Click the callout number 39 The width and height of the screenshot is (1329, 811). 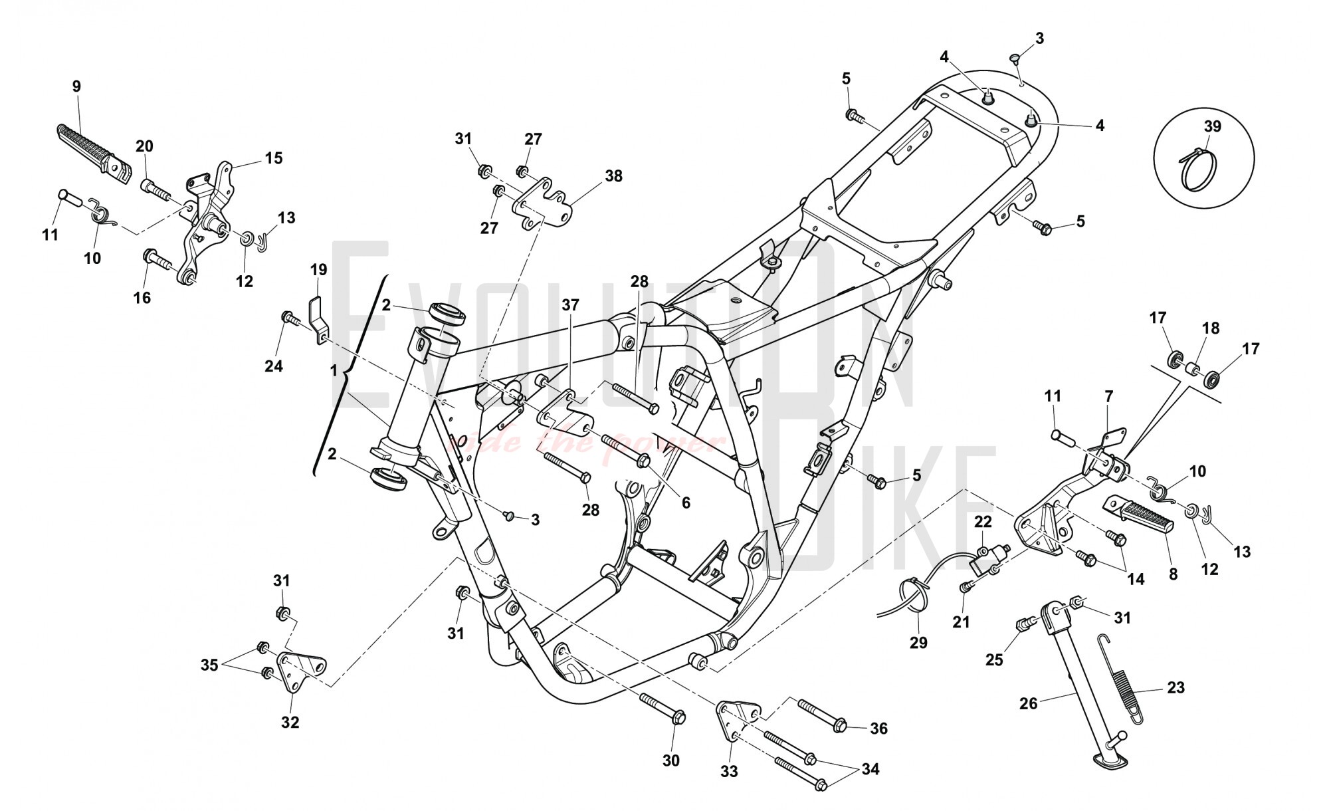point(1213,126)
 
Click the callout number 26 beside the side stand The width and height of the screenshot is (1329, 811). point(1028,703)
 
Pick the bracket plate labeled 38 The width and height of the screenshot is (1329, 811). point(542,202)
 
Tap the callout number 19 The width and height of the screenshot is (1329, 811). point(318,270)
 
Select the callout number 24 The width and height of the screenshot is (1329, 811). point(274,366)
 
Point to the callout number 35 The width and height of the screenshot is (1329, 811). point(209,665)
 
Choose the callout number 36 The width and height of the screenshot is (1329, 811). point(878,729)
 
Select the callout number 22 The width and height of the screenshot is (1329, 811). point(983,522)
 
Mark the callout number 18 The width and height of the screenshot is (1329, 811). point(1211,328)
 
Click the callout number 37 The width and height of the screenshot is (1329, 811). point(570,305)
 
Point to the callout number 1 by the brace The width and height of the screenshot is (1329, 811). point(334,371)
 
